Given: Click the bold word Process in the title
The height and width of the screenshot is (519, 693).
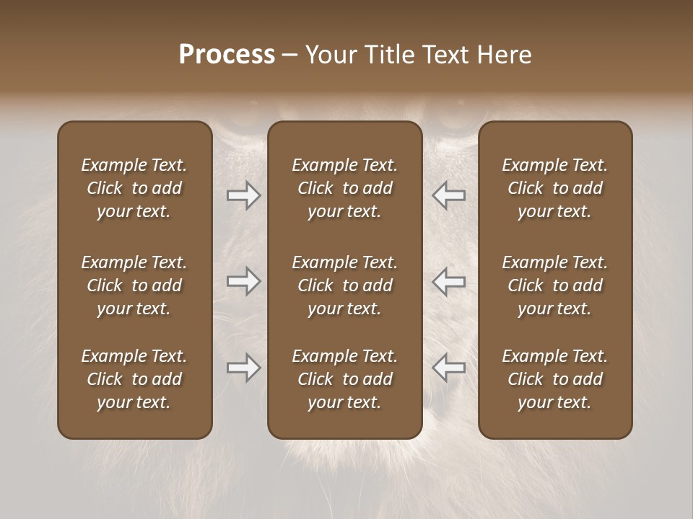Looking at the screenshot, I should pyautogui.click(x=227, y=55).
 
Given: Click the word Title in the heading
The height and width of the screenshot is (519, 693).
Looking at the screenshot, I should pyautogui.click(x=391, y=55).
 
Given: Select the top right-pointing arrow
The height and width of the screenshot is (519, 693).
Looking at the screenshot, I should pyautogui.click(x=243, y=195).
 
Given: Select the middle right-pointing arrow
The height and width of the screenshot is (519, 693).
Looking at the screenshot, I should pyautogui.click(x=243, y=281).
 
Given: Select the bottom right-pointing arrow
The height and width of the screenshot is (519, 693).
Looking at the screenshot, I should pyautogui.click(x=243, y=368).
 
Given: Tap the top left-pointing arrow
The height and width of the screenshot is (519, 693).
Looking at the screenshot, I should pyautogui.click(x=449, y=195).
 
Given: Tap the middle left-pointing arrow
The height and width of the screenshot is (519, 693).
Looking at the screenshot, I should pyautogui.click(x=449, y=281).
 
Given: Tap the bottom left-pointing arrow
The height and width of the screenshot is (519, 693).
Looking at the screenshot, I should pyautogui.click(x=449, y=368).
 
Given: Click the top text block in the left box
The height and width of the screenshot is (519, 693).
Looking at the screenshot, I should pyautogui.click(x=134, y=188).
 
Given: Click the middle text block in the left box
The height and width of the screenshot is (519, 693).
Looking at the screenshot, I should pyautogui.click(x=134, y=285).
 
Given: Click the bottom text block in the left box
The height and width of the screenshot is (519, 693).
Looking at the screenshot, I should pyautogui.click(x=134, y=379).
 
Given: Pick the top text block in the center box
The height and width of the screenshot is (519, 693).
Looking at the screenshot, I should pyautogui.click(x=344, y=188).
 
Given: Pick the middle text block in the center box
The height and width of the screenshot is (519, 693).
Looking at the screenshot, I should pyautogui.click(x=344, y=285).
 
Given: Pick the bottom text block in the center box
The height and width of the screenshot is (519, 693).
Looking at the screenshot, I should pyautogui.click(x=344, y=379).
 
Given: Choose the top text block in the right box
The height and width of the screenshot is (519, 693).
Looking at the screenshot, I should pyautogui.click(x=554, y=188).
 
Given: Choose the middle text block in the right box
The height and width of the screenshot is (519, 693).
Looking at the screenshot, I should pyautogui.click(x=554, y=285).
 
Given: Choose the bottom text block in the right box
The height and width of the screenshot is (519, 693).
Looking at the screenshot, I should pyautogui.click(x=554, y=379).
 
